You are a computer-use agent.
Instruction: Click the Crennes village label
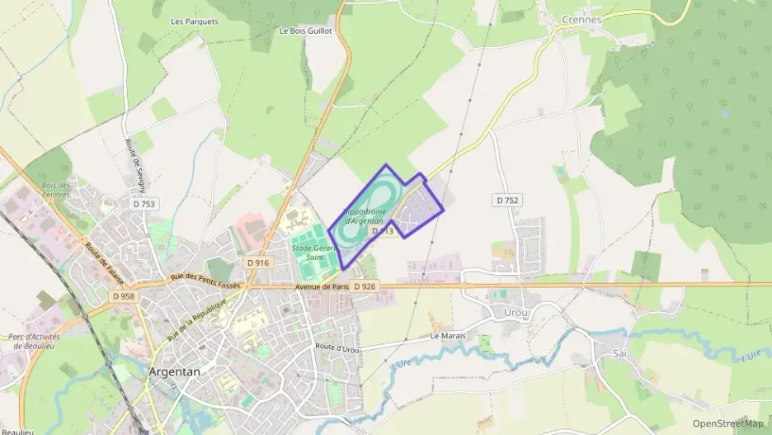pos(581,18)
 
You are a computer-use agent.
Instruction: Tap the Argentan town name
pos(175,371)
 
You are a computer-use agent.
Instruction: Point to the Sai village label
pos(620,352)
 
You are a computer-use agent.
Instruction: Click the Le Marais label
pos(448,337)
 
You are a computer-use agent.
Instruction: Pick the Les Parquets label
pos(195,21)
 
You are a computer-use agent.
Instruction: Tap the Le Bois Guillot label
pos(305,31)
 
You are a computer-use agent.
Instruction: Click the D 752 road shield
pos(507,201)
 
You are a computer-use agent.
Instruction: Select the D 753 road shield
pos(144,203)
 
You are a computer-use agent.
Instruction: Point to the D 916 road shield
pos(257,262)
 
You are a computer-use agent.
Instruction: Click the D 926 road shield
pos(364,286)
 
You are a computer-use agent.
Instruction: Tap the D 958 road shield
pos(122,296)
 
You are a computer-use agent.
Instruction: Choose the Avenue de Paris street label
pos(322,286)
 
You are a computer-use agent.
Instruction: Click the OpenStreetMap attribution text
pos(727,423)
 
